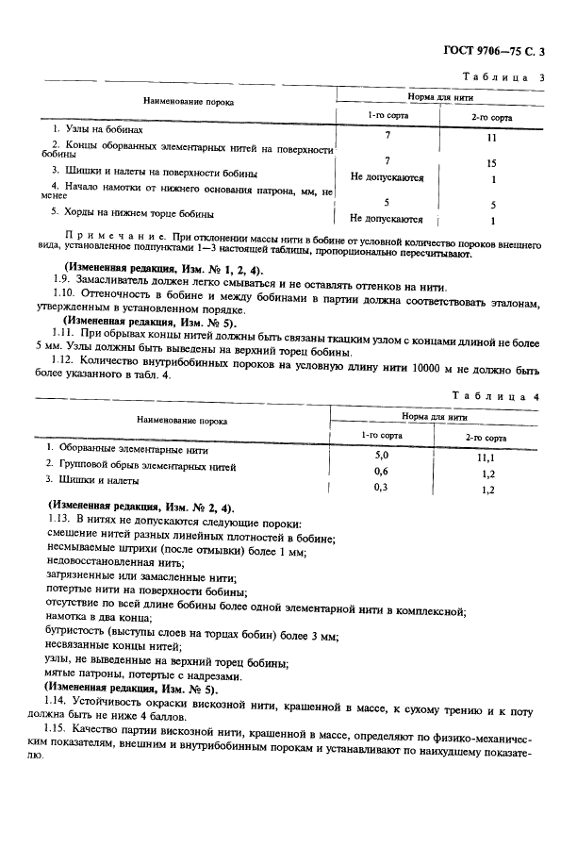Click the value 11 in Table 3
491,137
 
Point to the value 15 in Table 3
491,163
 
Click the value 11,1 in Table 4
487,456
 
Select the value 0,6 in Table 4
382,471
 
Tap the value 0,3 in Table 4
382,487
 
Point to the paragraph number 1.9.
61,287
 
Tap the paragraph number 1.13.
63,522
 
